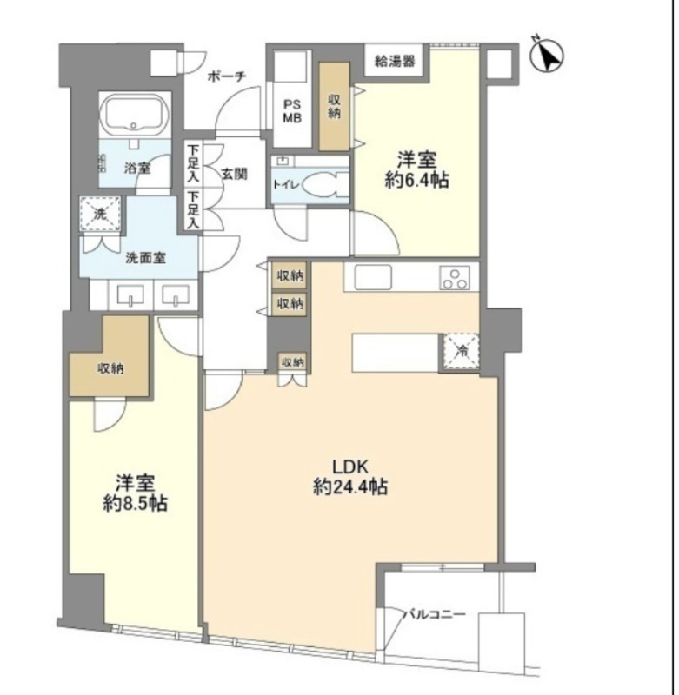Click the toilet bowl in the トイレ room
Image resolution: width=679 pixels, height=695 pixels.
tap(323, 185)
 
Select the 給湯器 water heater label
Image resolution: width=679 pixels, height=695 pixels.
tap(396, 61)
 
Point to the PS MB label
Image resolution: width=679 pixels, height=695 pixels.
tap(292, 111)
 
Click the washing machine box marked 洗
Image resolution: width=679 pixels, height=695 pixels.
tap(101, 214)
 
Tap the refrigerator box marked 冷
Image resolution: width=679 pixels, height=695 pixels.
tap(462, 352)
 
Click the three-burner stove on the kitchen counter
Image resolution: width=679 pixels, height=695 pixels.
tap(456, 278)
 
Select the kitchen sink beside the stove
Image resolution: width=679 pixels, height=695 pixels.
tap(373, 277)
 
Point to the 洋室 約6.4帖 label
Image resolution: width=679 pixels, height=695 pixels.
tap(416, 169)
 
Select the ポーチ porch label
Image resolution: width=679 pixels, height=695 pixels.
tap(227, 76)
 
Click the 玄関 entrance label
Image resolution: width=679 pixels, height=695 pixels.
tap(235, 175)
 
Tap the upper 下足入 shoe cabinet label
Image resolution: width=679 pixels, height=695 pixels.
tap(193, 163)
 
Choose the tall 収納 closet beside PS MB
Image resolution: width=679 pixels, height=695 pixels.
tap(335, 106)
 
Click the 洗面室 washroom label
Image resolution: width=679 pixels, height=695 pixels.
tap(145, 258)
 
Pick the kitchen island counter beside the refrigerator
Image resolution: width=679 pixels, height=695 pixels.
tap(396, 353)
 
